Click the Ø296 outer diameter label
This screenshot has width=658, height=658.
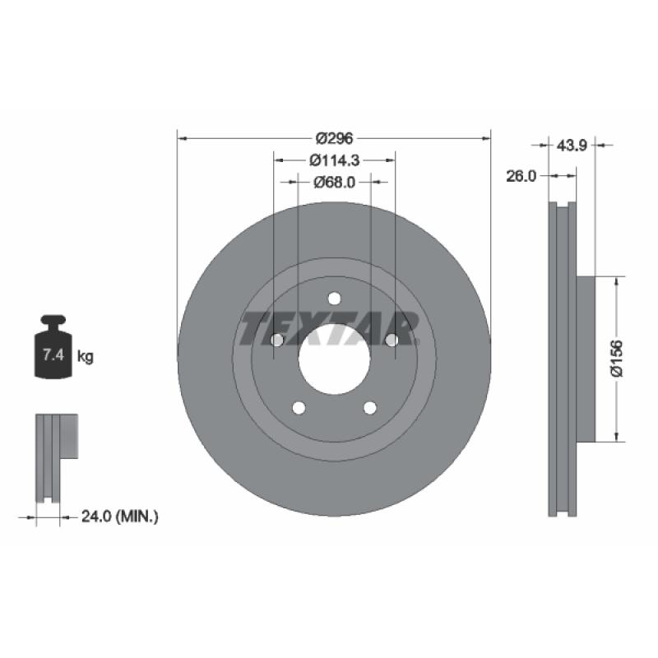(335, 138)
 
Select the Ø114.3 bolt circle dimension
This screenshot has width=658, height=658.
(335, 160)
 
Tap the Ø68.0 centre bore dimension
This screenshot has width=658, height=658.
(335, 182)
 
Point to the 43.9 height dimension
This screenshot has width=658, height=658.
(572, 146)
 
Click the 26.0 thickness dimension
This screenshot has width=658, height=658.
(521, 176)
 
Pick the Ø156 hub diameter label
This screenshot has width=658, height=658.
(617, 359)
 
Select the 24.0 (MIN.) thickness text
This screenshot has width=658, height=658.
(120, 517)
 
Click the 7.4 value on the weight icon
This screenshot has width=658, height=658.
(53, 355)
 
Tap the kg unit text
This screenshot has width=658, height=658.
(86, 357)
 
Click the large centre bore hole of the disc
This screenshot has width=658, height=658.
(335, 359)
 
